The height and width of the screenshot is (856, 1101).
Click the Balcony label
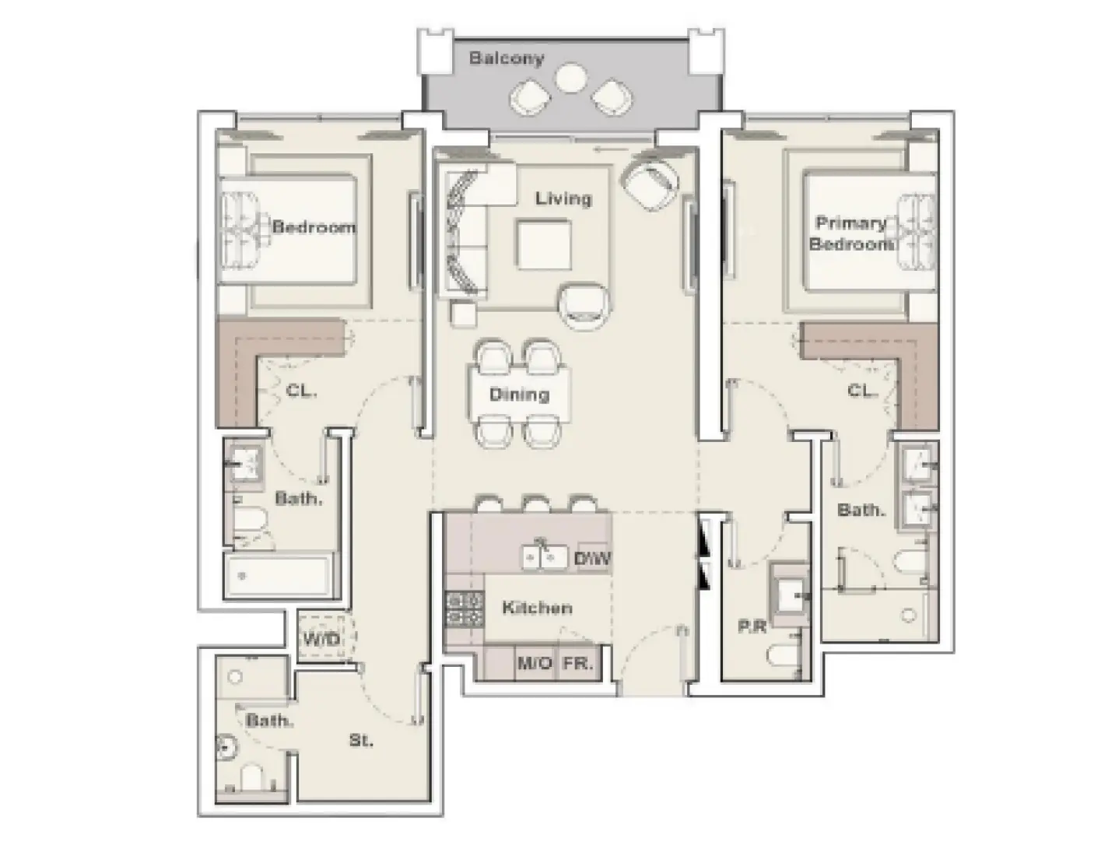[506, 58]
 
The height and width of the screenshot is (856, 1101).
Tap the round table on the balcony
[572, 78]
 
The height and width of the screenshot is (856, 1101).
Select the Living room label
[563, 198]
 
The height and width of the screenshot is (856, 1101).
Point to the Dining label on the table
[519, 395]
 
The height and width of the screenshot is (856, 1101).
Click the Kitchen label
[537, 608]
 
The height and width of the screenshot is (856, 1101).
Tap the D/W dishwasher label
[593, 558]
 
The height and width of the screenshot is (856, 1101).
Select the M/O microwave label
[535, 664]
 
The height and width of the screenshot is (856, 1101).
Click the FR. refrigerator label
[578, 664]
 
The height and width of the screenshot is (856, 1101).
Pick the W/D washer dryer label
[321, 639]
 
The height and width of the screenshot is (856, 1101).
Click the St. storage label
[360, 740]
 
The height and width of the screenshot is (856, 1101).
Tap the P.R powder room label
[752, 626]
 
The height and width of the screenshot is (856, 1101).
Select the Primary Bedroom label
[850, 233]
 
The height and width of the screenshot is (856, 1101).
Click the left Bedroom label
[314, 227]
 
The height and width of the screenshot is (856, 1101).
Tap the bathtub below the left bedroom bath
[280, 577]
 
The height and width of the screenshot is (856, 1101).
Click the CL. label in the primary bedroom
[862, 391]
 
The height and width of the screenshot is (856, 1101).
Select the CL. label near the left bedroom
[301, 391]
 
